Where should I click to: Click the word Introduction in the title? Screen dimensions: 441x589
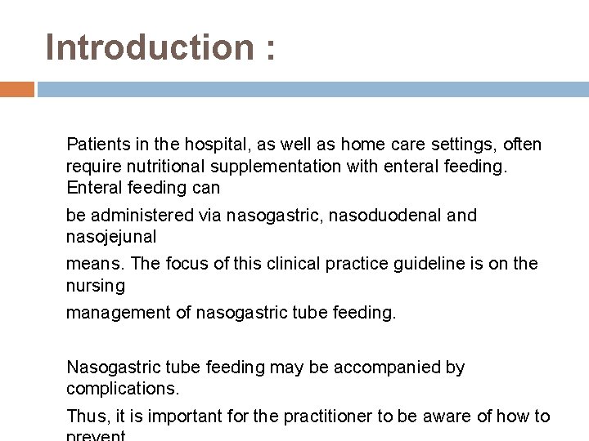pos(150,47)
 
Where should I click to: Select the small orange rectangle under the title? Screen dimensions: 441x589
pos(16,89)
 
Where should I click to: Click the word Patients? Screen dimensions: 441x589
pos(96,145)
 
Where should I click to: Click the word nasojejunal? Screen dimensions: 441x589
pos(111,237)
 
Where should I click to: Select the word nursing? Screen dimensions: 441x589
pos(96,286)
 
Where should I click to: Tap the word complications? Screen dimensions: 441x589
pos(122,389)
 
